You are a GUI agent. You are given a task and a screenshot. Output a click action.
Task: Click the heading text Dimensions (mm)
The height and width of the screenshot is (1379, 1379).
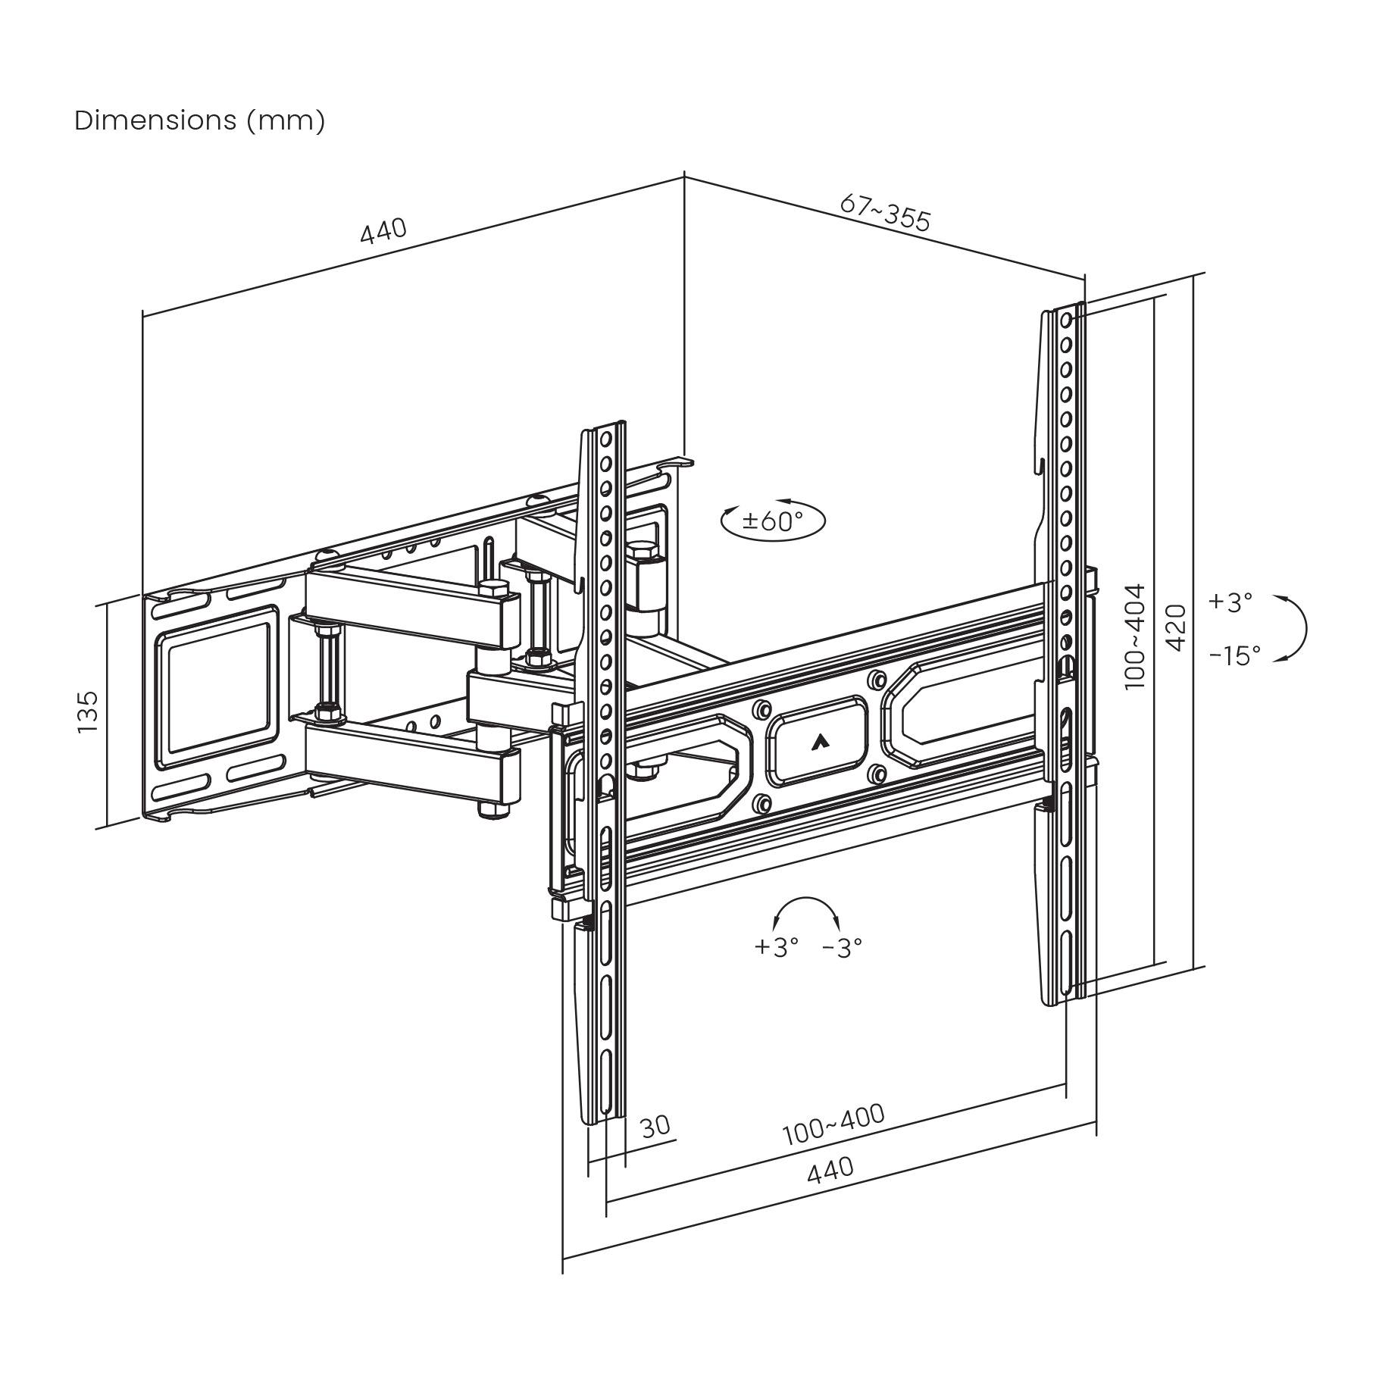[199, 120]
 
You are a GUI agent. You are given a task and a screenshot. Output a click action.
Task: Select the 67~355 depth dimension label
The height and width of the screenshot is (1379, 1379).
[884, 213]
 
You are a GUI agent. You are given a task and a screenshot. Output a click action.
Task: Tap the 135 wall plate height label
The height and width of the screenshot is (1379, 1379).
[89, 711]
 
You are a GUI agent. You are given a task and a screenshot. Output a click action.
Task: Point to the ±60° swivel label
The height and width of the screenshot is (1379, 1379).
[773, 521]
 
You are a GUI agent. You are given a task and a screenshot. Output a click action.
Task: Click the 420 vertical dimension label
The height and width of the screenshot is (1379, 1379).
[1175, 627]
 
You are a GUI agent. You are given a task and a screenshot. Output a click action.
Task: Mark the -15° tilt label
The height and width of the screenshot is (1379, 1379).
[1234, 655]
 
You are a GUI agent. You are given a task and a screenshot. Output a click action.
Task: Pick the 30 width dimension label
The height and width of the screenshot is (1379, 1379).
[655, 1127]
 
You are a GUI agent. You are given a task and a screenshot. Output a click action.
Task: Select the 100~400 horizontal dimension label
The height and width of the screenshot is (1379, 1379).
[833, 1124]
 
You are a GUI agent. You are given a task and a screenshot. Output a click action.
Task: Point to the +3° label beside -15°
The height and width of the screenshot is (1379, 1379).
[1230, 602]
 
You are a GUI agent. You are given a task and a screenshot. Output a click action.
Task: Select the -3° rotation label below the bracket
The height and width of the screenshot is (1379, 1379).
[842, 946]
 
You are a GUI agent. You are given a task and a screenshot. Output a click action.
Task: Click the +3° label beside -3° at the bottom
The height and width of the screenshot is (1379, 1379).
[777, 946]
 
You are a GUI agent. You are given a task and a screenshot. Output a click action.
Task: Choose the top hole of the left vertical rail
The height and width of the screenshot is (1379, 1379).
[605, 440]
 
